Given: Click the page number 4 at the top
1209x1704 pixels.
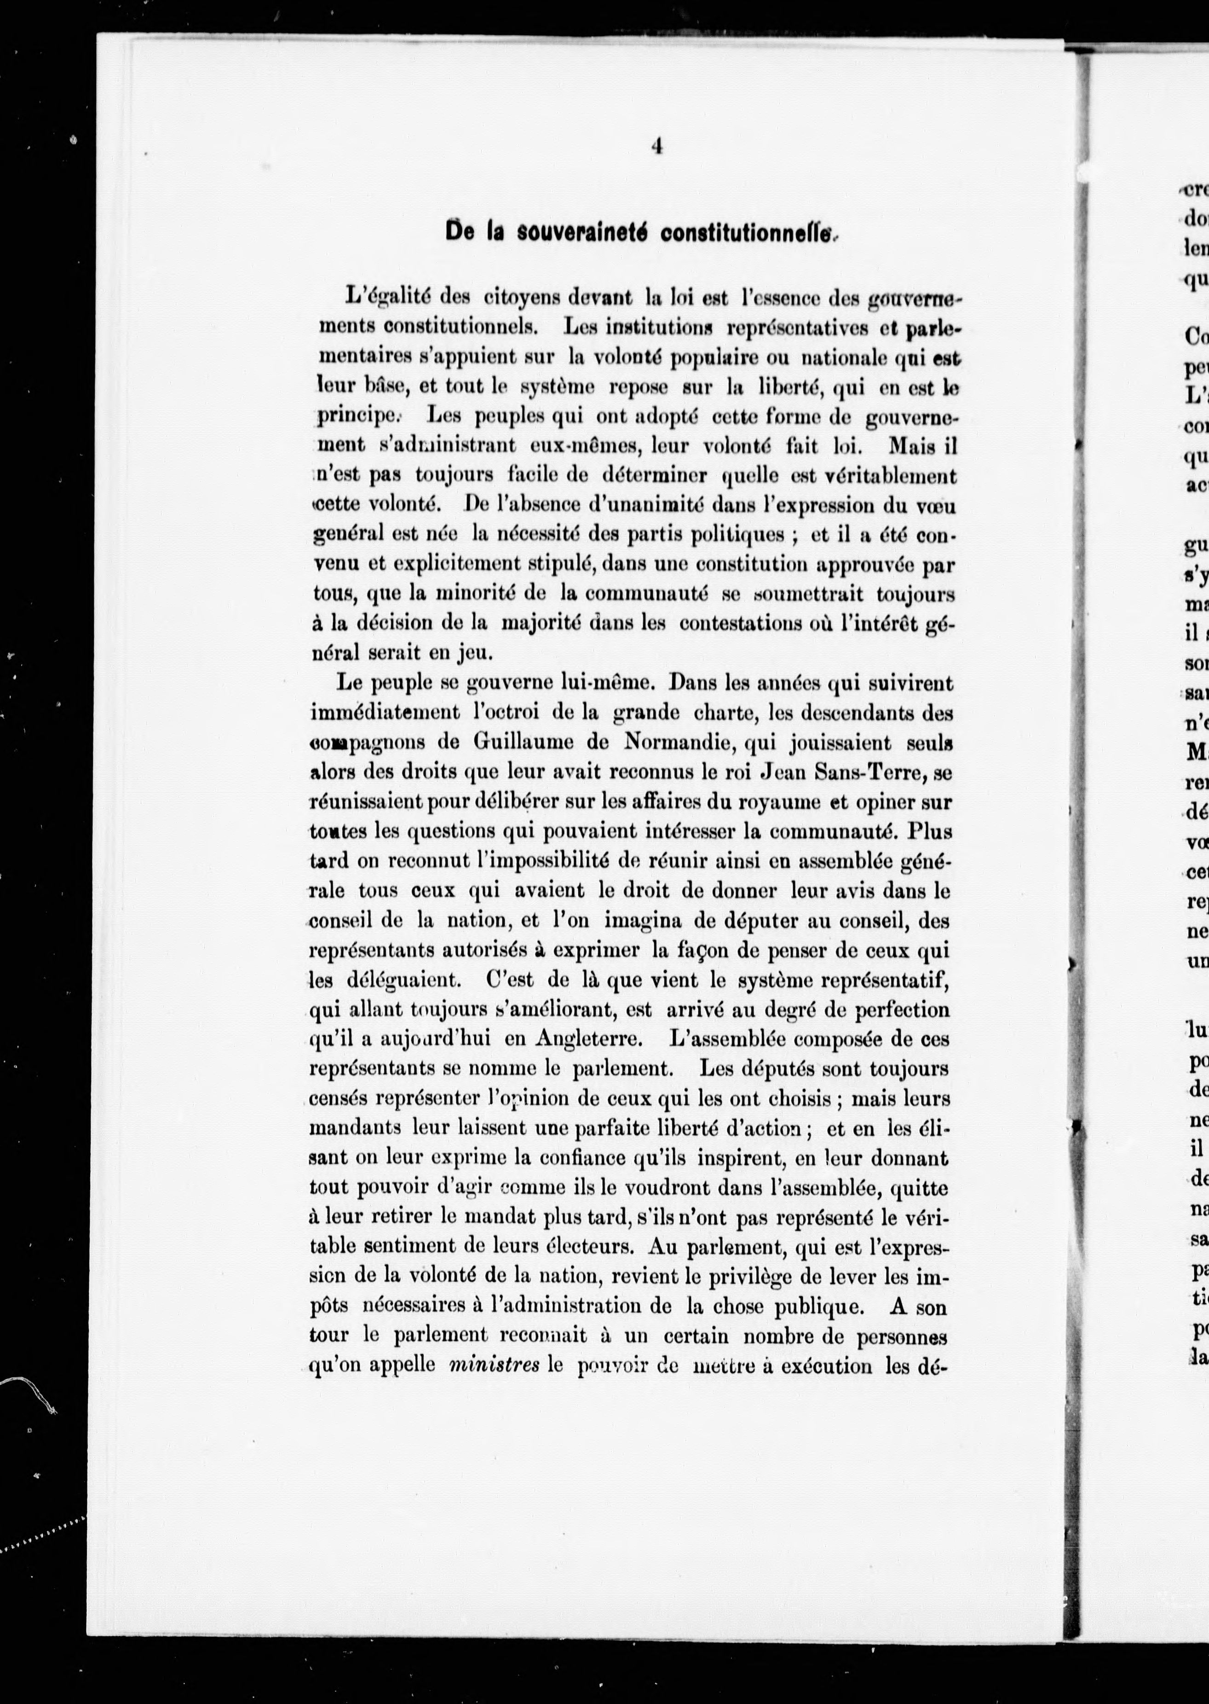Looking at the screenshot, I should [656, 147].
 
